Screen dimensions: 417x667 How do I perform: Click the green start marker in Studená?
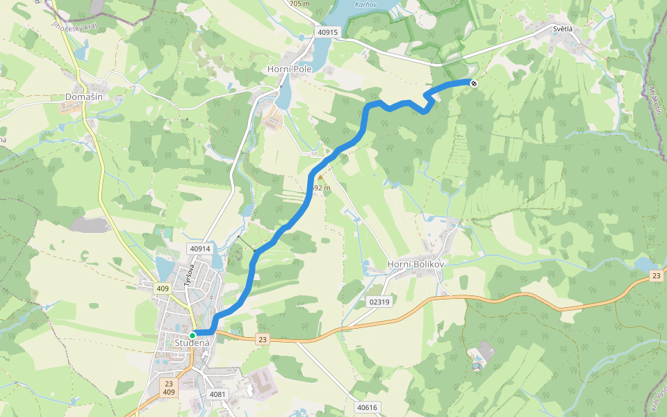pyautogui.click(x=192, y=335)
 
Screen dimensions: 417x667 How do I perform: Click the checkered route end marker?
pyautogui.click(x=474, y=83)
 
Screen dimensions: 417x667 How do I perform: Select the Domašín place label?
pyautogui.click(x=84, y=97)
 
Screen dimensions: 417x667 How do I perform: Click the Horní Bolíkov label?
pyautogui.click(x=415, y=265)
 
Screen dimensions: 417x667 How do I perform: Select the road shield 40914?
pyautogui.click(x=199, y=248)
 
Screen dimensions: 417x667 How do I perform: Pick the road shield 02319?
pyautogui.click(x=380, y=302)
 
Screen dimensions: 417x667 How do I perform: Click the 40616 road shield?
pyautogui.click(x=366, y=407)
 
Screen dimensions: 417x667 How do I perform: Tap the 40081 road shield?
pyautogui.click(x=218, y=394)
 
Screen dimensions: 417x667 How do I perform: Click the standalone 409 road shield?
pyautogui.click(x=163, y=288)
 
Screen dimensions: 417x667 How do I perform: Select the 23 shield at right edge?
pyautogui.click(x=657, y=276)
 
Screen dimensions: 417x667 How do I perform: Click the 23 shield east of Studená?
pyautogui.click(x=262, y=339)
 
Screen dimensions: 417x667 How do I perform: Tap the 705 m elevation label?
pyautogui.click(x=298, y=3)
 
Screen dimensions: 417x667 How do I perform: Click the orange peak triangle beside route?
pyautogui.click(x=320, y=177)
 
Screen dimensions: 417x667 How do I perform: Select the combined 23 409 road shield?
pyautogui.click(x=169, y=387)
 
